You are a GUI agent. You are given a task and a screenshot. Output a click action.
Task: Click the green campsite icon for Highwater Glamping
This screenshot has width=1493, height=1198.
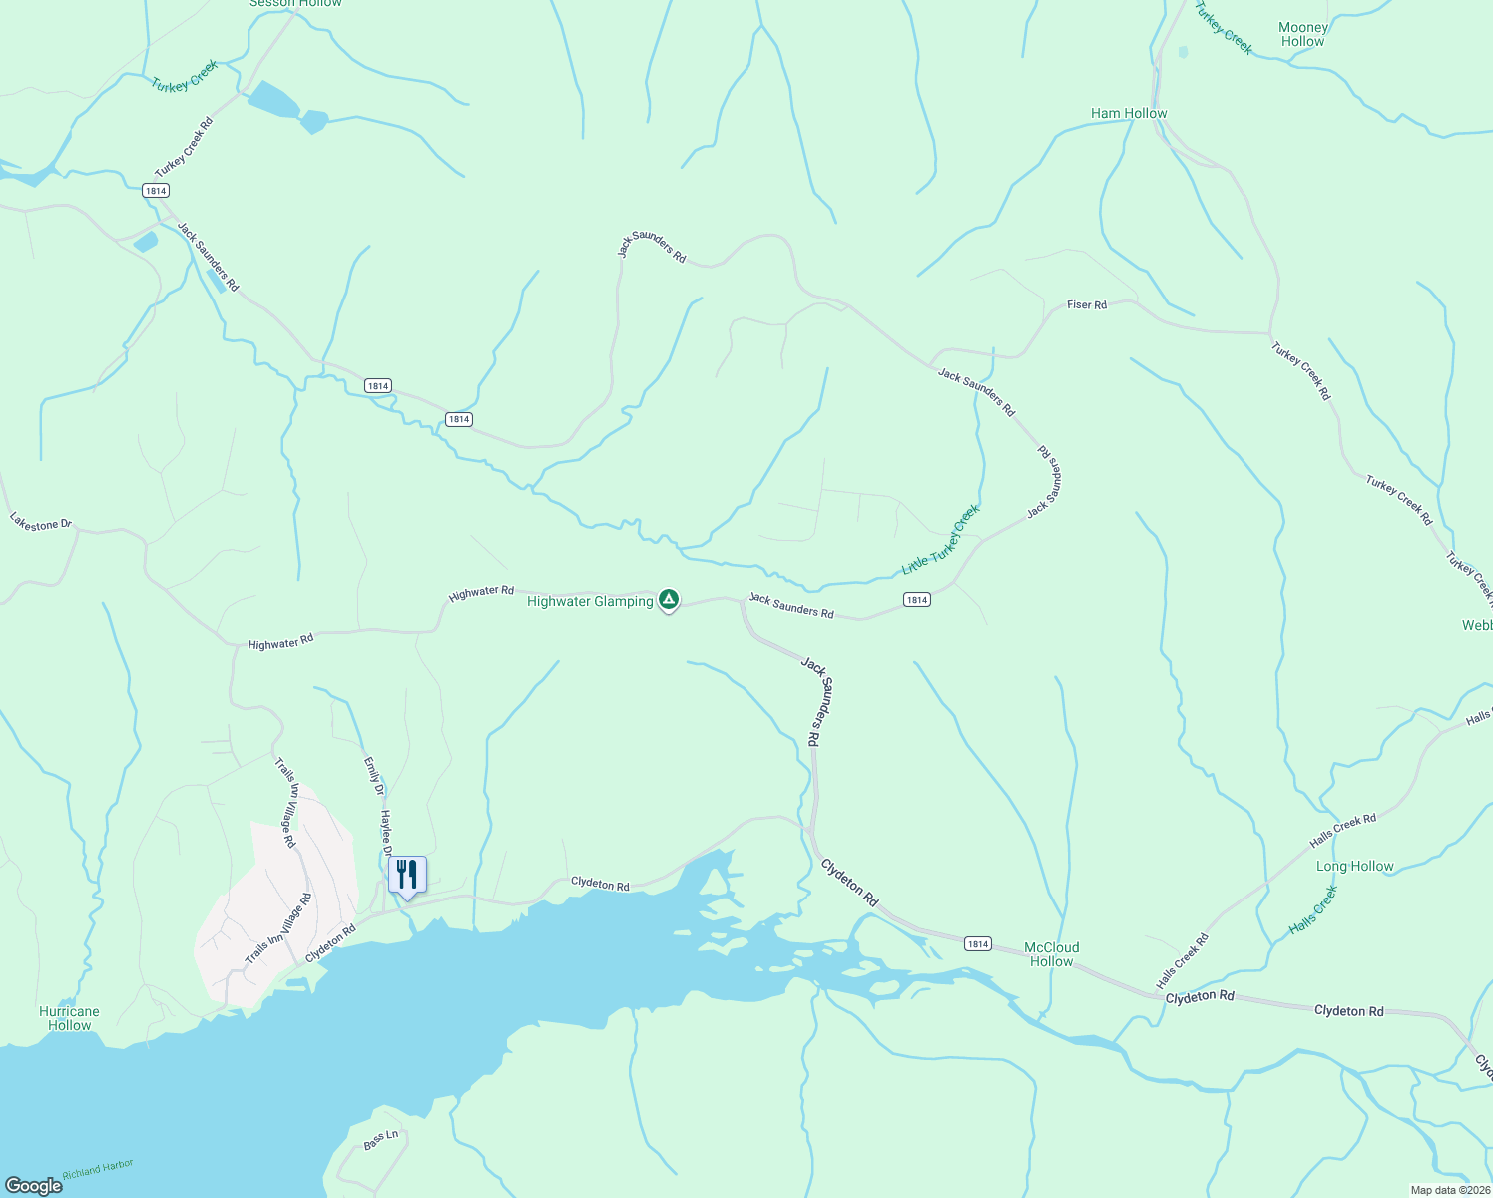[x=669, y=600]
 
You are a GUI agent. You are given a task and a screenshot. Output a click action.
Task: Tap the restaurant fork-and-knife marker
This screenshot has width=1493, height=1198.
[x=407, y=875]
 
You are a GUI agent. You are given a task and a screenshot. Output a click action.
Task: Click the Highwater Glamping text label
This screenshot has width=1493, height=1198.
[x=590, y=601]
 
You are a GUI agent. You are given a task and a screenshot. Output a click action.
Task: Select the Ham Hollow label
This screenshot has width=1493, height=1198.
[x=1129, y=113]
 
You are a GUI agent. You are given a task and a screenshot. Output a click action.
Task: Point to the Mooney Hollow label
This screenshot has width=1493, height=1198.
[x=1302, y=35]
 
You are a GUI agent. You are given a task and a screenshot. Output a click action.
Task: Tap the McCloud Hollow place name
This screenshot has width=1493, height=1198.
[x=1052, y=954]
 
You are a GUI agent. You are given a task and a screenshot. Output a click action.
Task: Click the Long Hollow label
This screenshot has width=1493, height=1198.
[x=1354, y=866]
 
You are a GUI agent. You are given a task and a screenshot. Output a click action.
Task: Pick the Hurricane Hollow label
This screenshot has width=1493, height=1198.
[x=69, y=1018]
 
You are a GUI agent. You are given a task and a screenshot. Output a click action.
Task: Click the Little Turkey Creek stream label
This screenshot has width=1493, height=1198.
[x=941, y=540]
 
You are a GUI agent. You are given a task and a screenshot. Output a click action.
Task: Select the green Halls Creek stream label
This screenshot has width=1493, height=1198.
[x=1312, y=910]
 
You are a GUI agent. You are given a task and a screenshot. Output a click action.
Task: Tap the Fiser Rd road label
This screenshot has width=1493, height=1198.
[x=1087, y=304]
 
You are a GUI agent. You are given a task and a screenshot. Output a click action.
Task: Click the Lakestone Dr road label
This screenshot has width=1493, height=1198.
[x=41, y=522]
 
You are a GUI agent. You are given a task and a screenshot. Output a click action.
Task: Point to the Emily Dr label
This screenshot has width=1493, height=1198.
[x=373, y=776]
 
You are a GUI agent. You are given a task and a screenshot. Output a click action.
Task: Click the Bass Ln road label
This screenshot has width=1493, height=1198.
[x=381, y=1140]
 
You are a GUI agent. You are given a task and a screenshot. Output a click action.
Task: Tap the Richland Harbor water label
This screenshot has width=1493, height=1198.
[x=98, y=1170]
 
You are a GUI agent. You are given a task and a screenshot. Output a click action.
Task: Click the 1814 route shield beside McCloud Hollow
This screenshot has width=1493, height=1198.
[x=977, y=943]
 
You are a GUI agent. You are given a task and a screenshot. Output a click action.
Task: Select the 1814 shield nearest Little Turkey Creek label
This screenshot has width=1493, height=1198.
[x=916, y=599]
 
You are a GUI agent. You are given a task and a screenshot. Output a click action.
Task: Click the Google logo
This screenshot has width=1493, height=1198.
[x=34, y=1186]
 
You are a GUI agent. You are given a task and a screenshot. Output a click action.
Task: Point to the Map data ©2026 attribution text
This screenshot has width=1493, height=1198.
[x=1449, y=1190]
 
